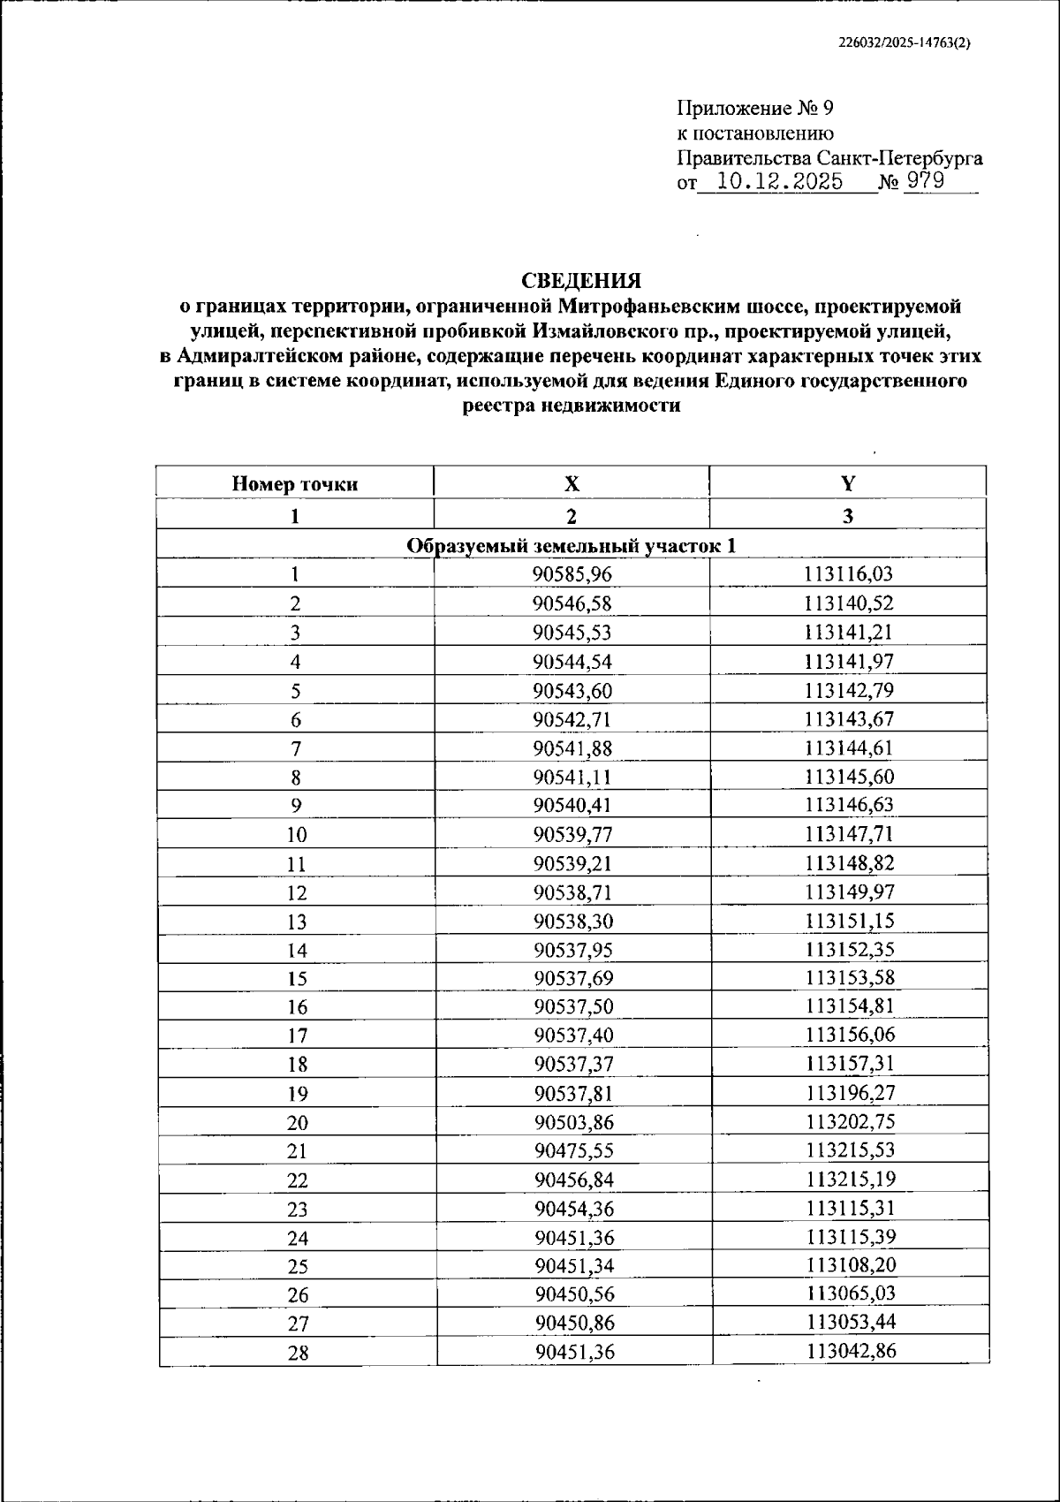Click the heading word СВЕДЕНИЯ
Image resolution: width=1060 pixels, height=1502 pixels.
[580, 281]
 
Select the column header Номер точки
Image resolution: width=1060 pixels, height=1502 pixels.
[295, 484]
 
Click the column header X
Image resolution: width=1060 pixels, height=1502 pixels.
[572, 484]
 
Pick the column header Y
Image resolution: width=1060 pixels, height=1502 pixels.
[848, 484]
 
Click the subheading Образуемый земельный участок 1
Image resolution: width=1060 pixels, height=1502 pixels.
[572, 546]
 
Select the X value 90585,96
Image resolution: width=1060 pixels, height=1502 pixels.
[572, 575]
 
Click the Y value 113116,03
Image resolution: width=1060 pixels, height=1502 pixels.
[849, 575]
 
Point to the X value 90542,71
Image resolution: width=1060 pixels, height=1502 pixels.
[572, 719]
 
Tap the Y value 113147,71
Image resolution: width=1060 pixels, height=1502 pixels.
[849, 834]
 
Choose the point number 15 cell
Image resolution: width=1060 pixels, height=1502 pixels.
[297, 979]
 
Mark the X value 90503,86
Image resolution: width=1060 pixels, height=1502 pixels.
[573, 1123]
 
